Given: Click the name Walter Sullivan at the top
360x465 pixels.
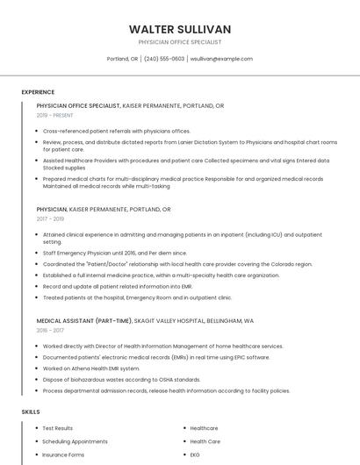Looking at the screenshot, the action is [x=179, y=29].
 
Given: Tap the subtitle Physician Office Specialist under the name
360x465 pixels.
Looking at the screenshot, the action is [x=179, y=42].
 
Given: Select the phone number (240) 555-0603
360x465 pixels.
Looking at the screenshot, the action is [x=164, y=59].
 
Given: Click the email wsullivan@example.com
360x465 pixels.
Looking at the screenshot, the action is [x=221, y=59].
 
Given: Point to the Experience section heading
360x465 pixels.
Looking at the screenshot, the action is [x=38, y=92].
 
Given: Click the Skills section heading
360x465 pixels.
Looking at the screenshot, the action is [x=31, y=411].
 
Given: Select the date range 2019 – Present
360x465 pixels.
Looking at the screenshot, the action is [x=55, y=115].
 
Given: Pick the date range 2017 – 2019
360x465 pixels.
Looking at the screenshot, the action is [x=50, y=219].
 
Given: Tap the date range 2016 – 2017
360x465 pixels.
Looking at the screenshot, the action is [x=50, y=331].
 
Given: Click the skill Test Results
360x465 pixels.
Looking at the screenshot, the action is [x=58, y=428].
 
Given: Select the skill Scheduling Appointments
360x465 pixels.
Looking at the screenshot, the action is [x=75, y=441].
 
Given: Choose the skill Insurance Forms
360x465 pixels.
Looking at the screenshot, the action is [x=63, y=455].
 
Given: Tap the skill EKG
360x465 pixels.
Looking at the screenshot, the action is [x=195, y=455].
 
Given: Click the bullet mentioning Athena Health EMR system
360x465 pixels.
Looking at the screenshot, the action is [x=91, y=368].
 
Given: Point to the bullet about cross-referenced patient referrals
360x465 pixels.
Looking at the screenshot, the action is [x=116, y=131].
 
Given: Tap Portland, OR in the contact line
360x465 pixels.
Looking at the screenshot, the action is [x=122, y=59].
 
